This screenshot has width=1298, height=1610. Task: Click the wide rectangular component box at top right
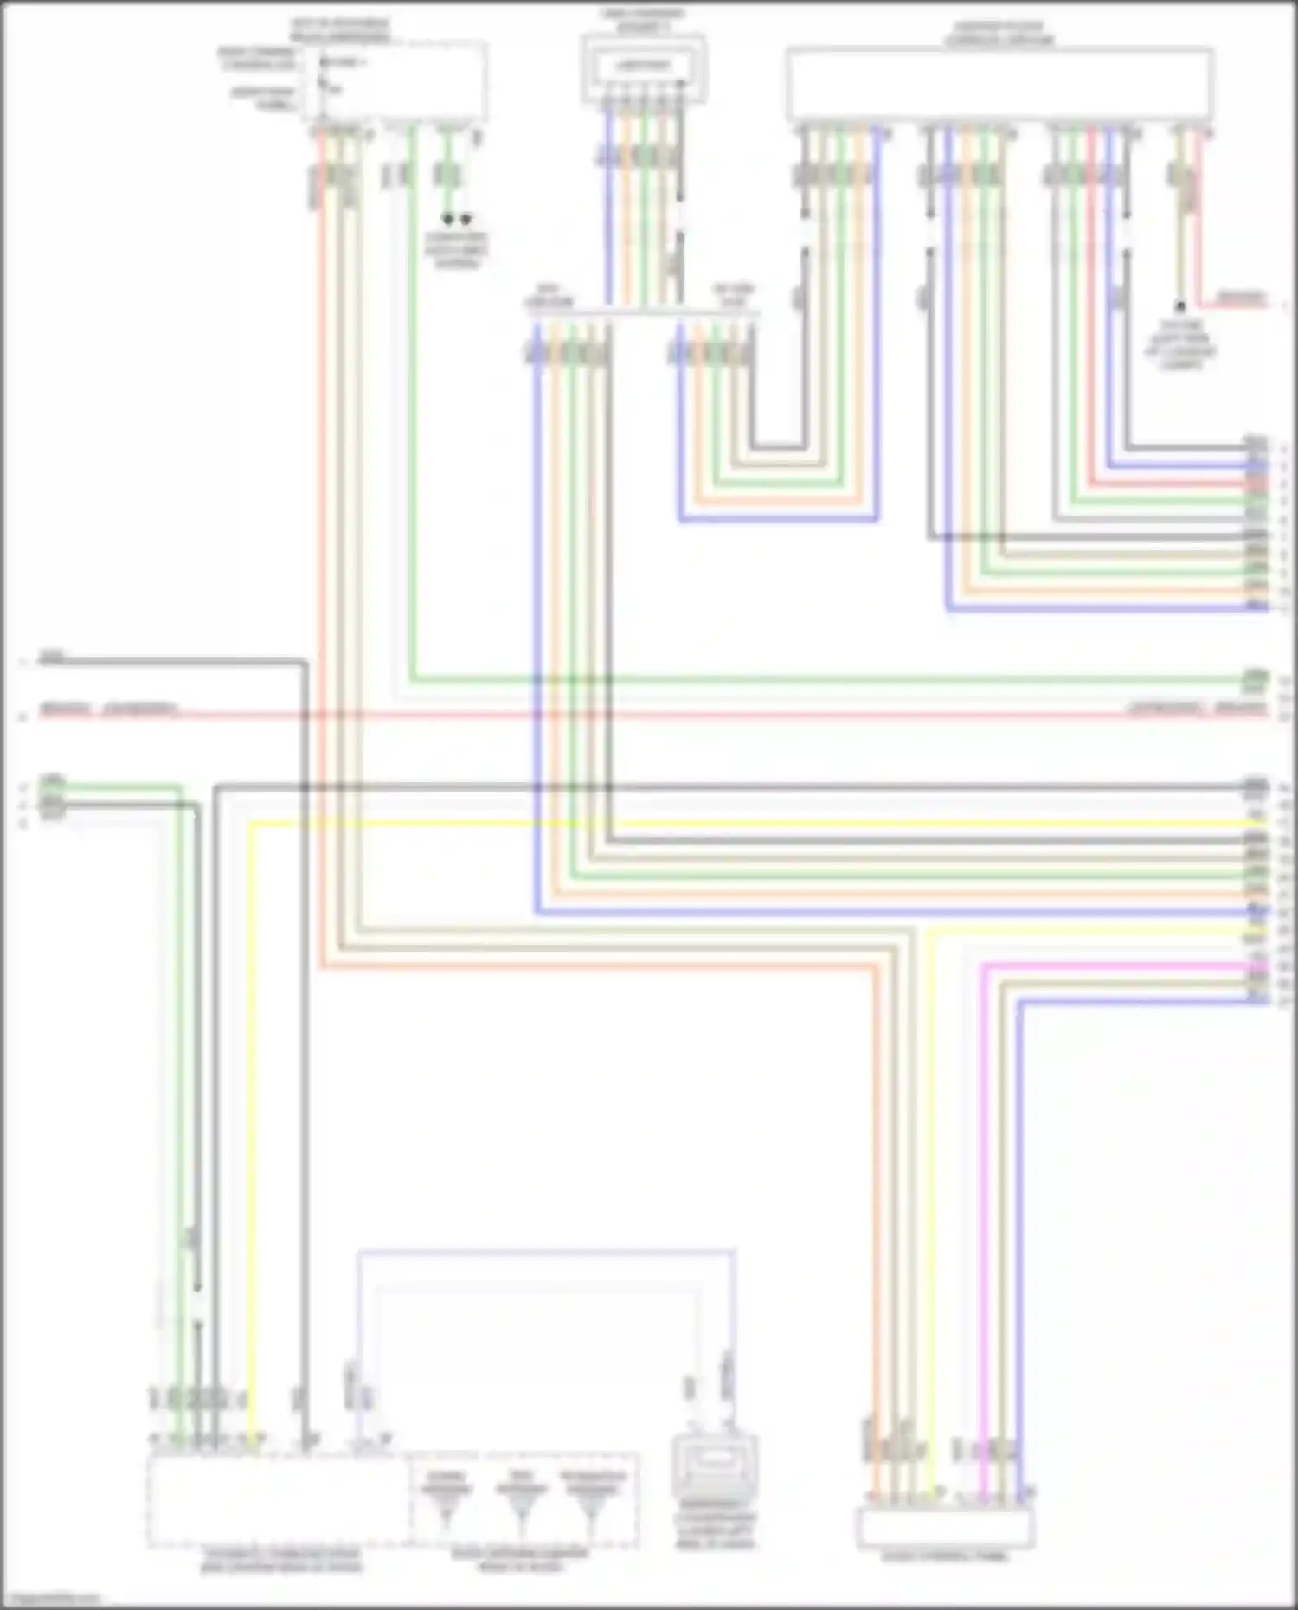(999, 84)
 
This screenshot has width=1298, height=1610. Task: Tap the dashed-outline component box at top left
(394, 82)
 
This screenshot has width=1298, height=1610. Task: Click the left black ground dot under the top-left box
(447, 219)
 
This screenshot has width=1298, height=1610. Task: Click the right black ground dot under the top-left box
(466, 219)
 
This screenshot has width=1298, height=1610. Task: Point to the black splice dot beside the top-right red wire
(1179, 306)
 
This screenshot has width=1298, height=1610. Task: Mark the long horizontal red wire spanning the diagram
(649, 715)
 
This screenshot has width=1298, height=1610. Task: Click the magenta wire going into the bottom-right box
(984, 1211)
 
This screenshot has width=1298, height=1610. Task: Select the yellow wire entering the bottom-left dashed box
(252, 1125)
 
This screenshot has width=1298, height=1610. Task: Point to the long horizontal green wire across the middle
(822, 680)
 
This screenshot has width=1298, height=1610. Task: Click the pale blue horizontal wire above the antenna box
(545, 1251)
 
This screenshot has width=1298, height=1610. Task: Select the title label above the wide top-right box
(999, 35)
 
